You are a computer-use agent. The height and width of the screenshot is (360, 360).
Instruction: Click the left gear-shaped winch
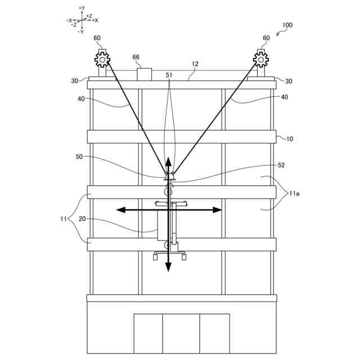[102, 58]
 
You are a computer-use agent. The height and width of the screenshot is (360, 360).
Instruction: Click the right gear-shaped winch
[261, 58]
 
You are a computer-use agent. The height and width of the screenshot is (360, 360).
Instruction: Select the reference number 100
[287, 25]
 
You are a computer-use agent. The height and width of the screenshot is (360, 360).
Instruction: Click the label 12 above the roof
[195, 64]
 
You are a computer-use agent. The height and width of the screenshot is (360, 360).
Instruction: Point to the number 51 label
[169, 74]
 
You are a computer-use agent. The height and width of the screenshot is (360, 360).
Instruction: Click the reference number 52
[281, 165]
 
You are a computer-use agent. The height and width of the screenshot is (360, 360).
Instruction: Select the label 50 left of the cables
[79, 157]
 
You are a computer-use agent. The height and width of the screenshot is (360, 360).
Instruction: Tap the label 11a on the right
[294, 193]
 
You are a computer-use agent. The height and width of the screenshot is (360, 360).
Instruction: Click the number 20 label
[82, 219]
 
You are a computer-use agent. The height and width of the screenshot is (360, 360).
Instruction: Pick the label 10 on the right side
[290, 138]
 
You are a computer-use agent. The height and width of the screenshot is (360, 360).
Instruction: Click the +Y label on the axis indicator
[82, 8]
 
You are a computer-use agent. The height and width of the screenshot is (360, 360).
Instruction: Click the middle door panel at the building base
[181, 334]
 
